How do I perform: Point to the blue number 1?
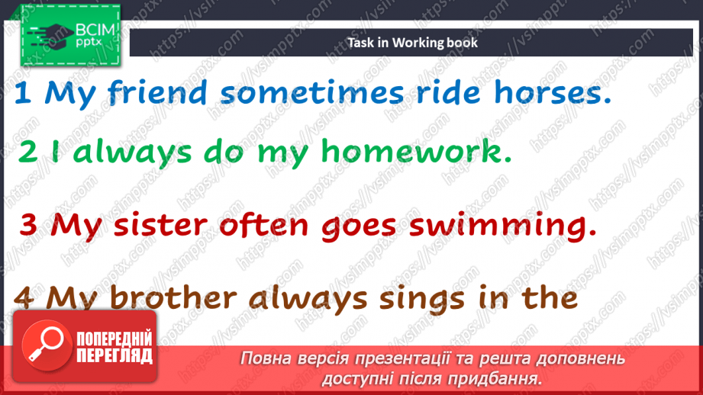tap(23, 95)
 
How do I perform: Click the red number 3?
tap(28, 225)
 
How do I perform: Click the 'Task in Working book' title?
tap(412, 43)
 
